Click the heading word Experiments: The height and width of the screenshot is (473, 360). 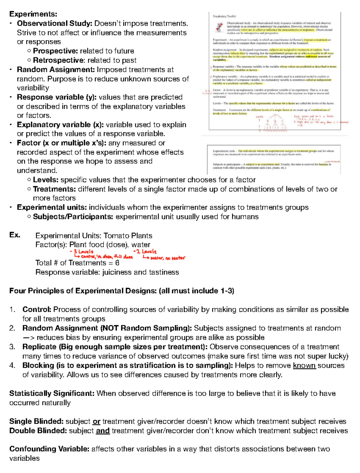coord(33,14)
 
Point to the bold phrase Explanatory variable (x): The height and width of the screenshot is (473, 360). coord(60,125)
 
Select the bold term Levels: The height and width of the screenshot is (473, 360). coord(46,180)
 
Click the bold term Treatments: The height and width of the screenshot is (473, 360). coord(54,189)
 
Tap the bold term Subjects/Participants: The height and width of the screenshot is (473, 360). coord(73,217)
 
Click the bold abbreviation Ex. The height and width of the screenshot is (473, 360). coord(15,235)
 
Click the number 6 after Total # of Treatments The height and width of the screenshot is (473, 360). coord(117,263)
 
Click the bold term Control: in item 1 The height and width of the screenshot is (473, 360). coord(37,310)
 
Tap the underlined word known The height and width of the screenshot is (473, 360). coord(304,366)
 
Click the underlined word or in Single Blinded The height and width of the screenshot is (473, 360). coord(96,422)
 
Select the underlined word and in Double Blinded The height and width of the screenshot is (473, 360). coord(103,431)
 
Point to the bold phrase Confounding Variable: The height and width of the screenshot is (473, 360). coord(49,449)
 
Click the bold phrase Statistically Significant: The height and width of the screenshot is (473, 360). coord(52,394)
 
